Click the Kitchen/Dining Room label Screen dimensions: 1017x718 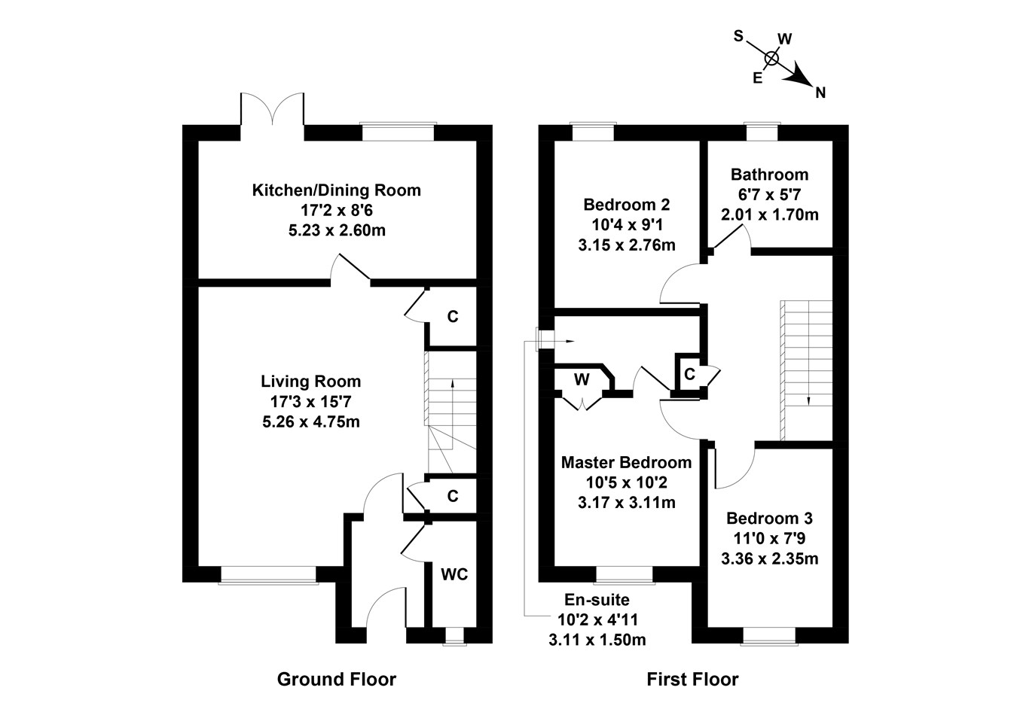[336, 190]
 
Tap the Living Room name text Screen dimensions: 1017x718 [310, 382]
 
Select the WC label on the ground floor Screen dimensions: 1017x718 [454, 575]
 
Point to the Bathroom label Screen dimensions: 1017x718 [769, 175]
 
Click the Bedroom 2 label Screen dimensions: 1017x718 [626, 205]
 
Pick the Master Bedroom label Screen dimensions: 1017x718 [626, 462]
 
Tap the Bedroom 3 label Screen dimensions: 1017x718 [769, 519]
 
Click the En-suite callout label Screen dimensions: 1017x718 [597, 600]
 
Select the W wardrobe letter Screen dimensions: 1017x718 [581, 380]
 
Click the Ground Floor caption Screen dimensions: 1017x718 [336, 680]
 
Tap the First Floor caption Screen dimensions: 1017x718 [692, 680]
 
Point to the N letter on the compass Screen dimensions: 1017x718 [820, 93]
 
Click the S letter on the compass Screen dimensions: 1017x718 [738, 35]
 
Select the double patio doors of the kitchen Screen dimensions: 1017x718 [273, 113]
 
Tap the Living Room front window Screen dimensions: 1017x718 [268, 575]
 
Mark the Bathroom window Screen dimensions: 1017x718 [761, 132]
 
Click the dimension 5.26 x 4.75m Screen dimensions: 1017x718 [310, 421]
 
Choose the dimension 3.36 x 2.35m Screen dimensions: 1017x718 [769, 558]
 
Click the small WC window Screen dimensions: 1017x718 [454, 637]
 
